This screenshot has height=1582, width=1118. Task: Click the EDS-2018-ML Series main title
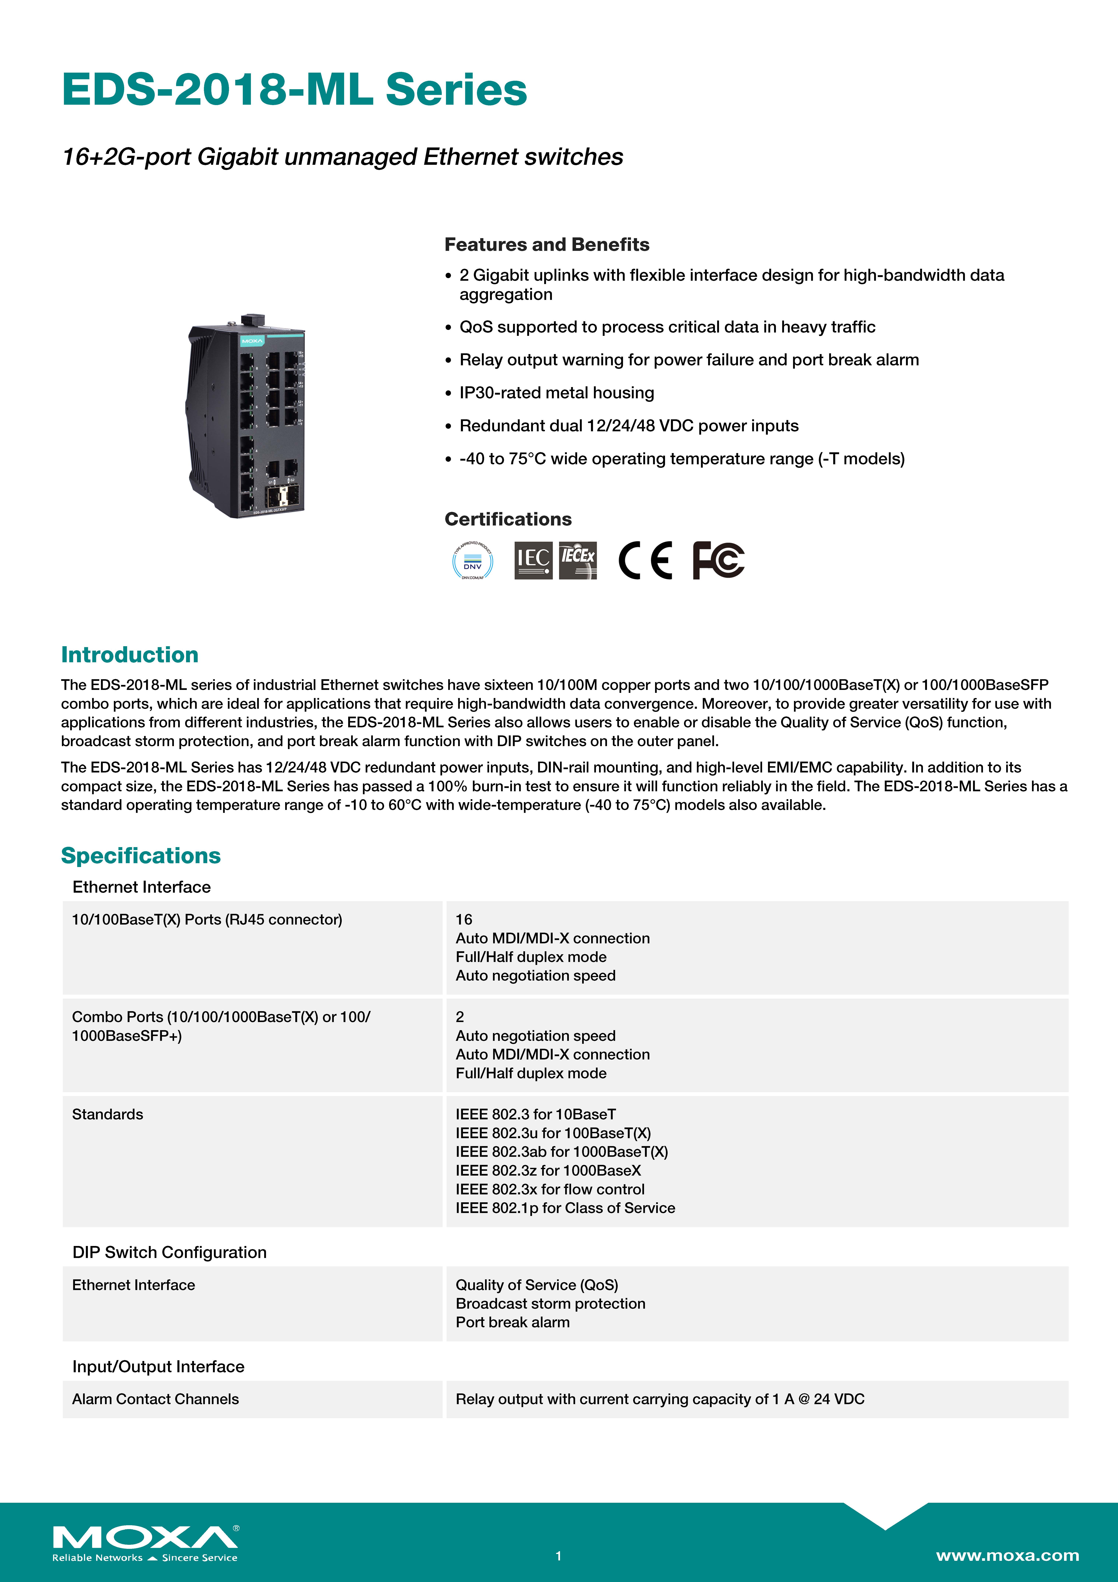tap(294, 90)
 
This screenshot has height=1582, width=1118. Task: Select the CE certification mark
tap(645, 560)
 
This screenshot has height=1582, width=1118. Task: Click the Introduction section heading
tap(130, 655)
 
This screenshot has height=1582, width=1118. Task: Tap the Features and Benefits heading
tap(546, 245)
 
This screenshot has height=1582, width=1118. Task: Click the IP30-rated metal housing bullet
tap(557, 393)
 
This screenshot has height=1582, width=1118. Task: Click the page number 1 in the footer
tap(559, 1556)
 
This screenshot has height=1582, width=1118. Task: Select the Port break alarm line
tap(512, 1322)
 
